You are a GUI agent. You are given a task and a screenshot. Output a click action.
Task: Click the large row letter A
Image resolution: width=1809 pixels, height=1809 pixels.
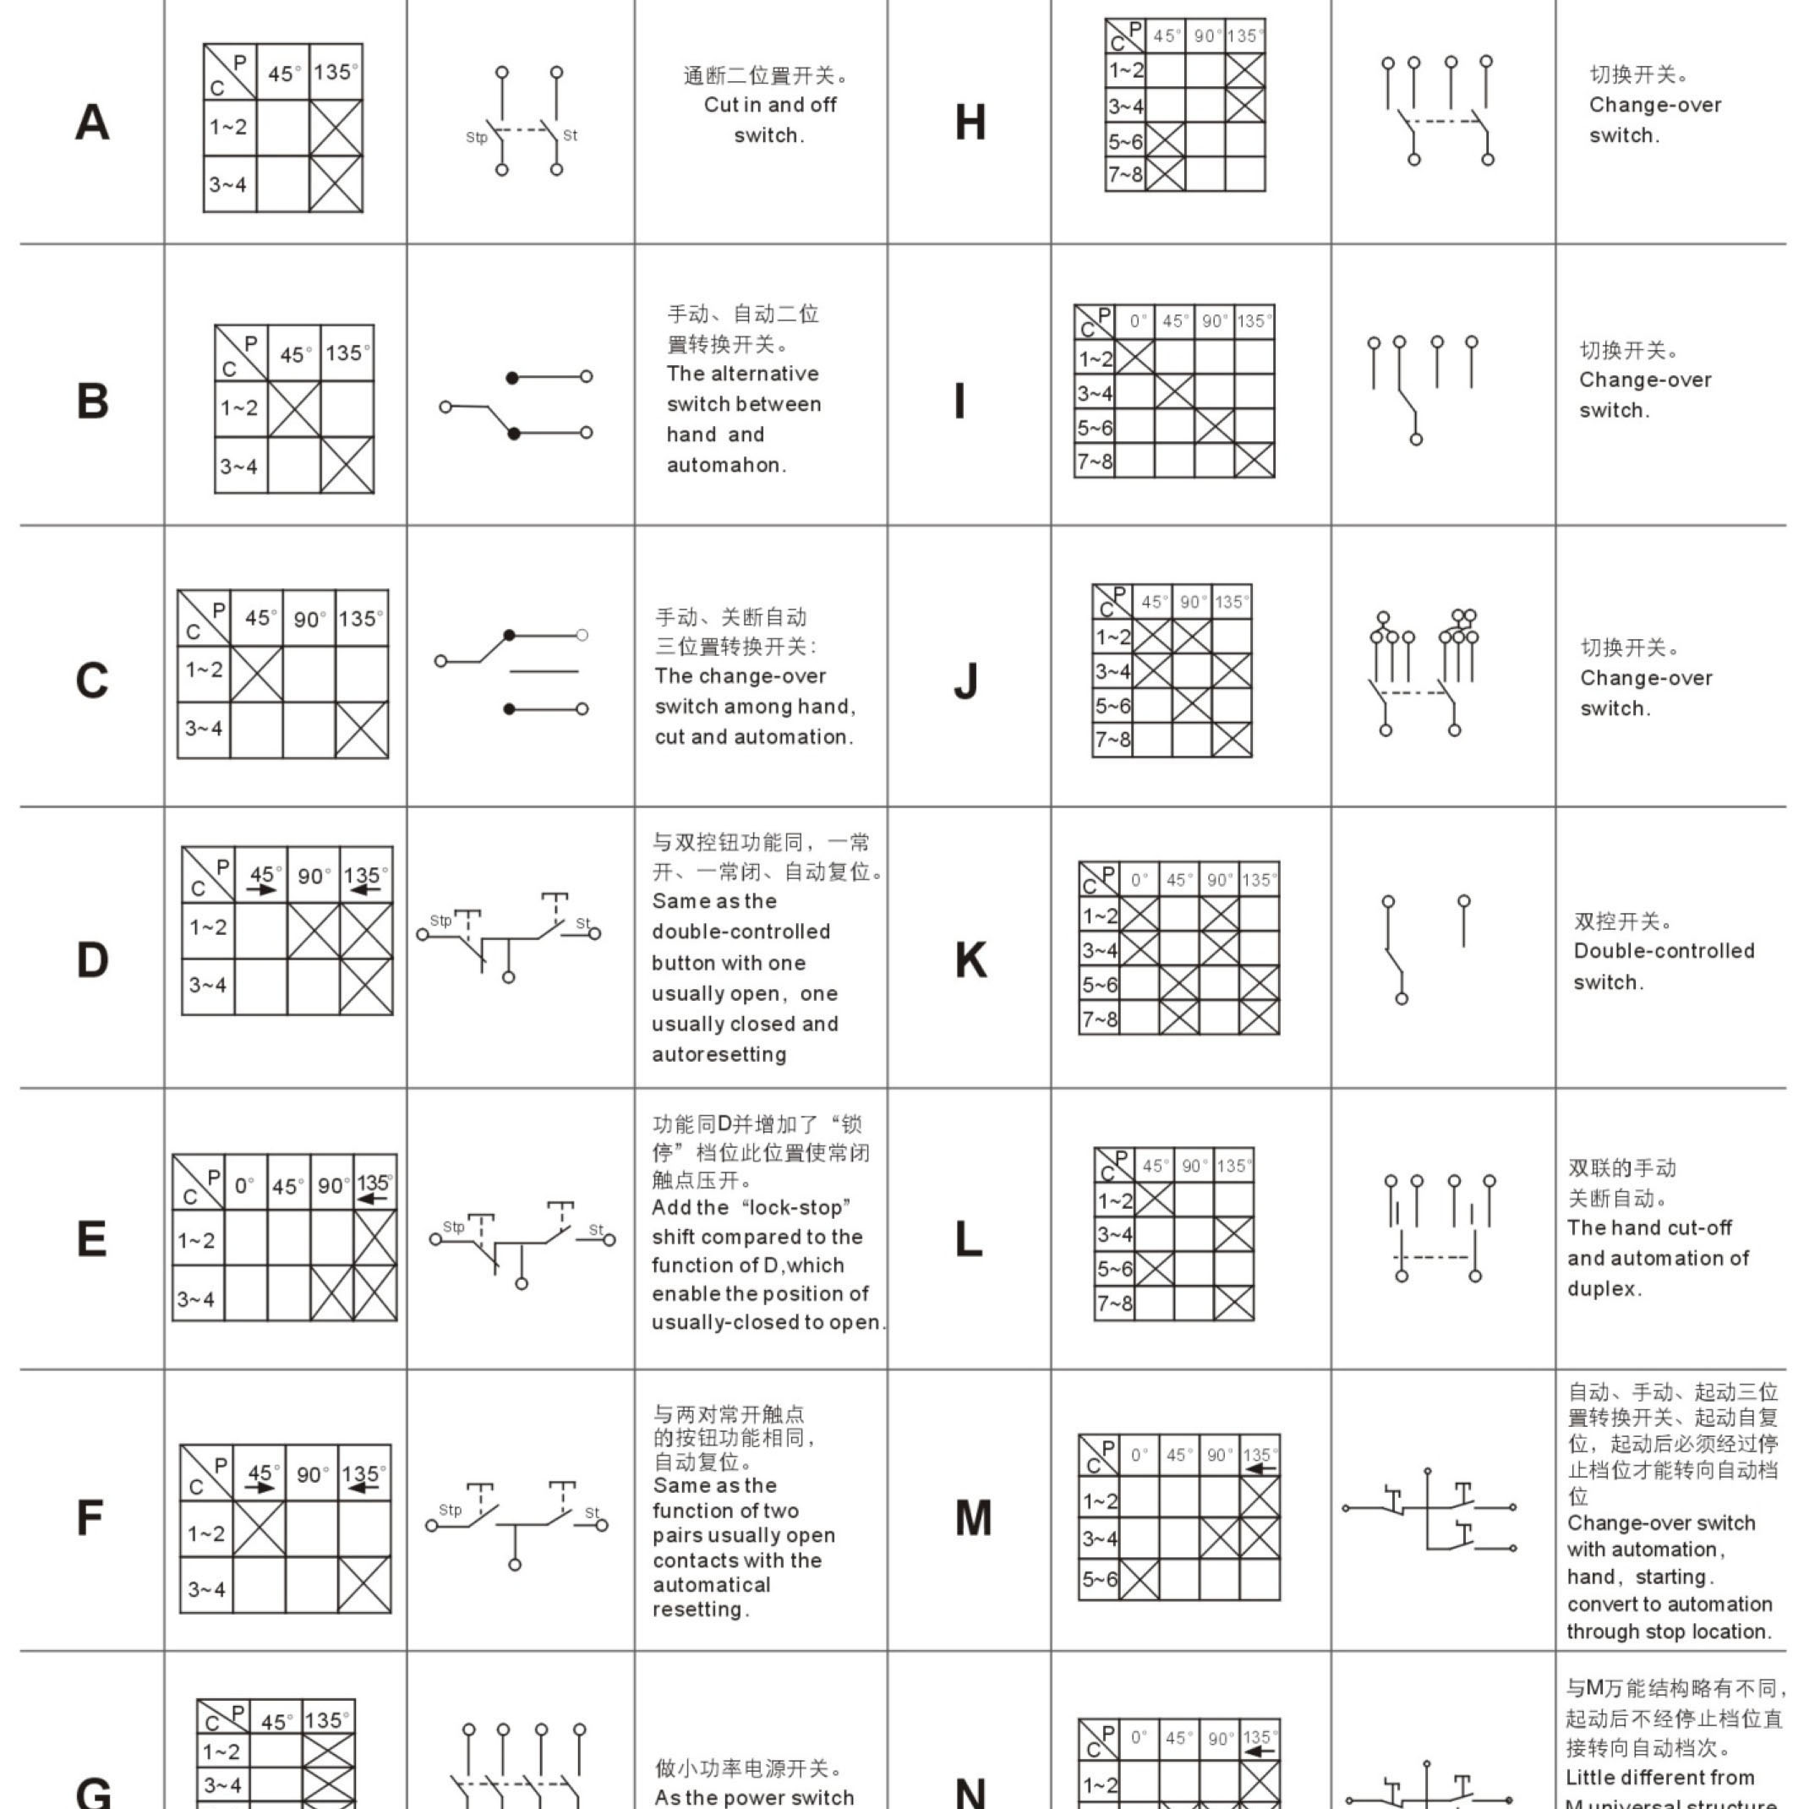point(92,123)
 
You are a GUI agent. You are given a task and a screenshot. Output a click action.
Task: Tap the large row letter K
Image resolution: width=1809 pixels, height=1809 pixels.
point(971,960)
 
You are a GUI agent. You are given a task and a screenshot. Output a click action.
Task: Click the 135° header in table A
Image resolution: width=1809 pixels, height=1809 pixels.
point(336,72)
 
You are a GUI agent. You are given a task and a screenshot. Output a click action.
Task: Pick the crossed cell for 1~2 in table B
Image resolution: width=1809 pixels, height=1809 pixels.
point(294,408)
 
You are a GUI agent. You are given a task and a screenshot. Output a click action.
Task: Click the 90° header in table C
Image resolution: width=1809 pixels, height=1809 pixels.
point(310,619)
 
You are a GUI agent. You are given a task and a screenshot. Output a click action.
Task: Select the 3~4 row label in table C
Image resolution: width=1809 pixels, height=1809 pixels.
point(203,729)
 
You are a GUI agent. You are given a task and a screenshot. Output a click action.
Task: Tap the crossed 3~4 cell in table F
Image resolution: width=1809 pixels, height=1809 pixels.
point(364,1585)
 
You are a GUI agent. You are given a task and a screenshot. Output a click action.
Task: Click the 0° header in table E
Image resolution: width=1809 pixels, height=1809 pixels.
point(244,1185)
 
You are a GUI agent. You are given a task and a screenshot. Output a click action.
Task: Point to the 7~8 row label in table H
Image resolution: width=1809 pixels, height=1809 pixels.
point(1125,174)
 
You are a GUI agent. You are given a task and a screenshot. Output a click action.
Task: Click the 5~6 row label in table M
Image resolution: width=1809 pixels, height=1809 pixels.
point(1099,1580)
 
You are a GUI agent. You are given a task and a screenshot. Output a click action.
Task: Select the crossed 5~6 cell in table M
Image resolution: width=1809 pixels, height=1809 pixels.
point(1140,1580)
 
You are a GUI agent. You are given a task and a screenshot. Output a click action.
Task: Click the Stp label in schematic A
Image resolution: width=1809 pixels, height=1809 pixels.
point(477,138)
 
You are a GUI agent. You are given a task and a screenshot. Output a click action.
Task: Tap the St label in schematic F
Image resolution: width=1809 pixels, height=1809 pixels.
point(592,1512)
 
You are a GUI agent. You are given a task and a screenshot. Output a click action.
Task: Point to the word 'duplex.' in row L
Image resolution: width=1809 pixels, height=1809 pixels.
point(1604,1288)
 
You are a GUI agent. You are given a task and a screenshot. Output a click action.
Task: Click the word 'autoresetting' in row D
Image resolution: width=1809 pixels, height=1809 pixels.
point(719,1054)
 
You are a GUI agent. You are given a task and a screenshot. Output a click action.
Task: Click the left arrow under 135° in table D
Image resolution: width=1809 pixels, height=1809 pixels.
point(365,889)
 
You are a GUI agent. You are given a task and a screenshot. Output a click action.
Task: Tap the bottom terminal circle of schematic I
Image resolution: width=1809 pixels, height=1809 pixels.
point(1416,439)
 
